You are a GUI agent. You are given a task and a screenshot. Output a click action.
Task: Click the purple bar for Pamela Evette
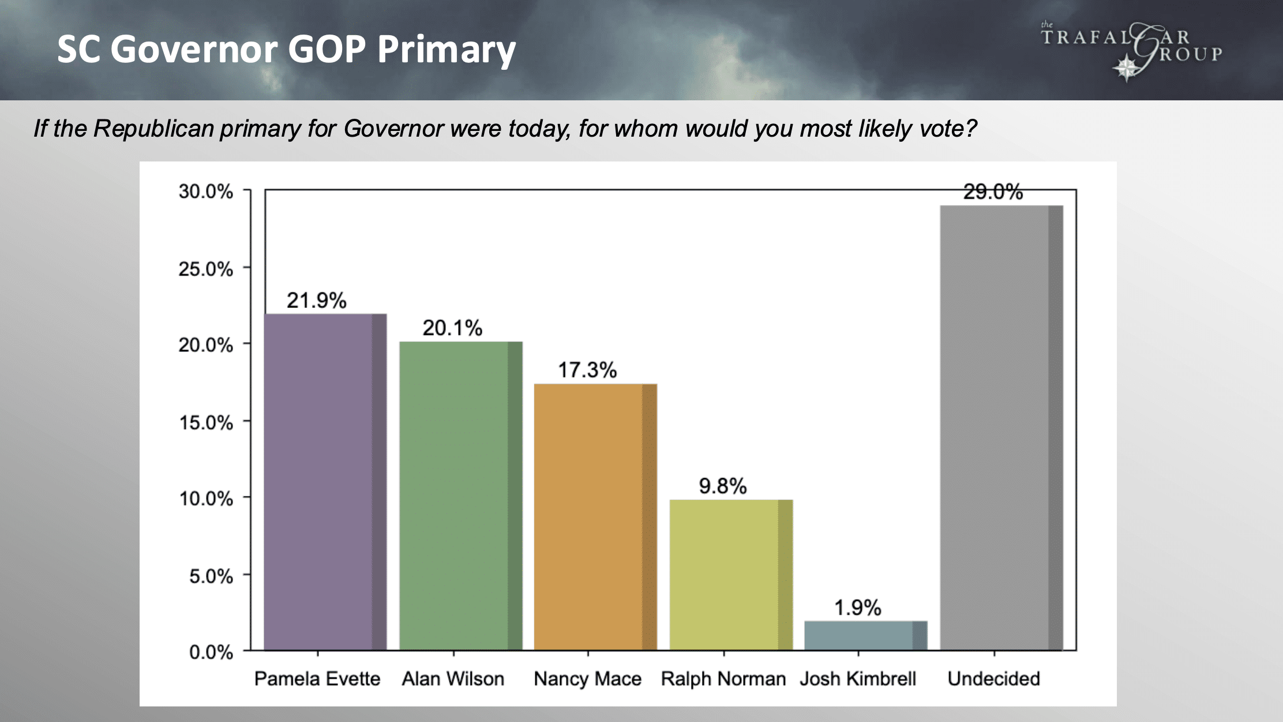click(325, 482)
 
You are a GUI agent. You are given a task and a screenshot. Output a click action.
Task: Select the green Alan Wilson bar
click(460, 496)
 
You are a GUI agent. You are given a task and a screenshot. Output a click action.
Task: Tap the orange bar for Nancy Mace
click(595, 517)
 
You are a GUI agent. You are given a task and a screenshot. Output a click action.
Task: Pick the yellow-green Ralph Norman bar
click(730, 575)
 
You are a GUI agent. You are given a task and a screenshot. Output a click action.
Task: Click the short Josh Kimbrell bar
click(865, 635)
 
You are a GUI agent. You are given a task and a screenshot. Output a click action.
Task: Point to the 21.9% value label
click(316, 300)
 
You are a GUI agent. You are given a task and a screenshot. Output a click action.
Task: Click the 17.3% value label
click(587, 370)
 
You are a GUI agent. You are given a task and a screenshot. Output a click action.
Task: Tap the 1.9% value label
click(857, 608)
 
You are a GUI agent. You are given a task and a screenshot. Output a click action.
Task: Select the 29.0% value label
click(993, 192)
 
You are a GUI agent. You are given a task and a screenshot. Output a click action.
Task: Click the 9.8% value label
click(722, 486)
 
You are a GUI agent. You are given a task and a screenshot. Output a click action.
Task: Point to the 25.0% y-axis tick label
click(205, 269)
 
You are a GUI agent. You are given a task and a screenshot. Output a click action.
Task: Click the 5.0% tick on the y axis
click(211, 576)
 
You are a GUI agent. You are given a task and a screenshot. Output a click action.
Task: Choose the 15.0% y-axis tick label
click(205, 423)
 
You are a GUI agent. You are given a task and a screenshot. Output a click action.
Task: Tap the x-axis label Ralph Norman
click(723, 679)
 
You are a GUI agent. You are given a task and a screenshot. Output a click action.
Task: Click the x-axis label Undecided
click(993, 679)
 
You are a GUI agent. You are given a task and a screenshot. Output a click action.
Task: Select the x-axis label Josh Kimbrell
click(858, 679)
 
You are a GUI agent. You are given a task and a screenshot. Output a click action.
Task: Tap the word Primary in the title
click(447, 50)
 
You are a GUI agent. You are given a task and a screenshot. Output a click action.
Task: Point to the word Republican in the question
click(153, 128)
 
